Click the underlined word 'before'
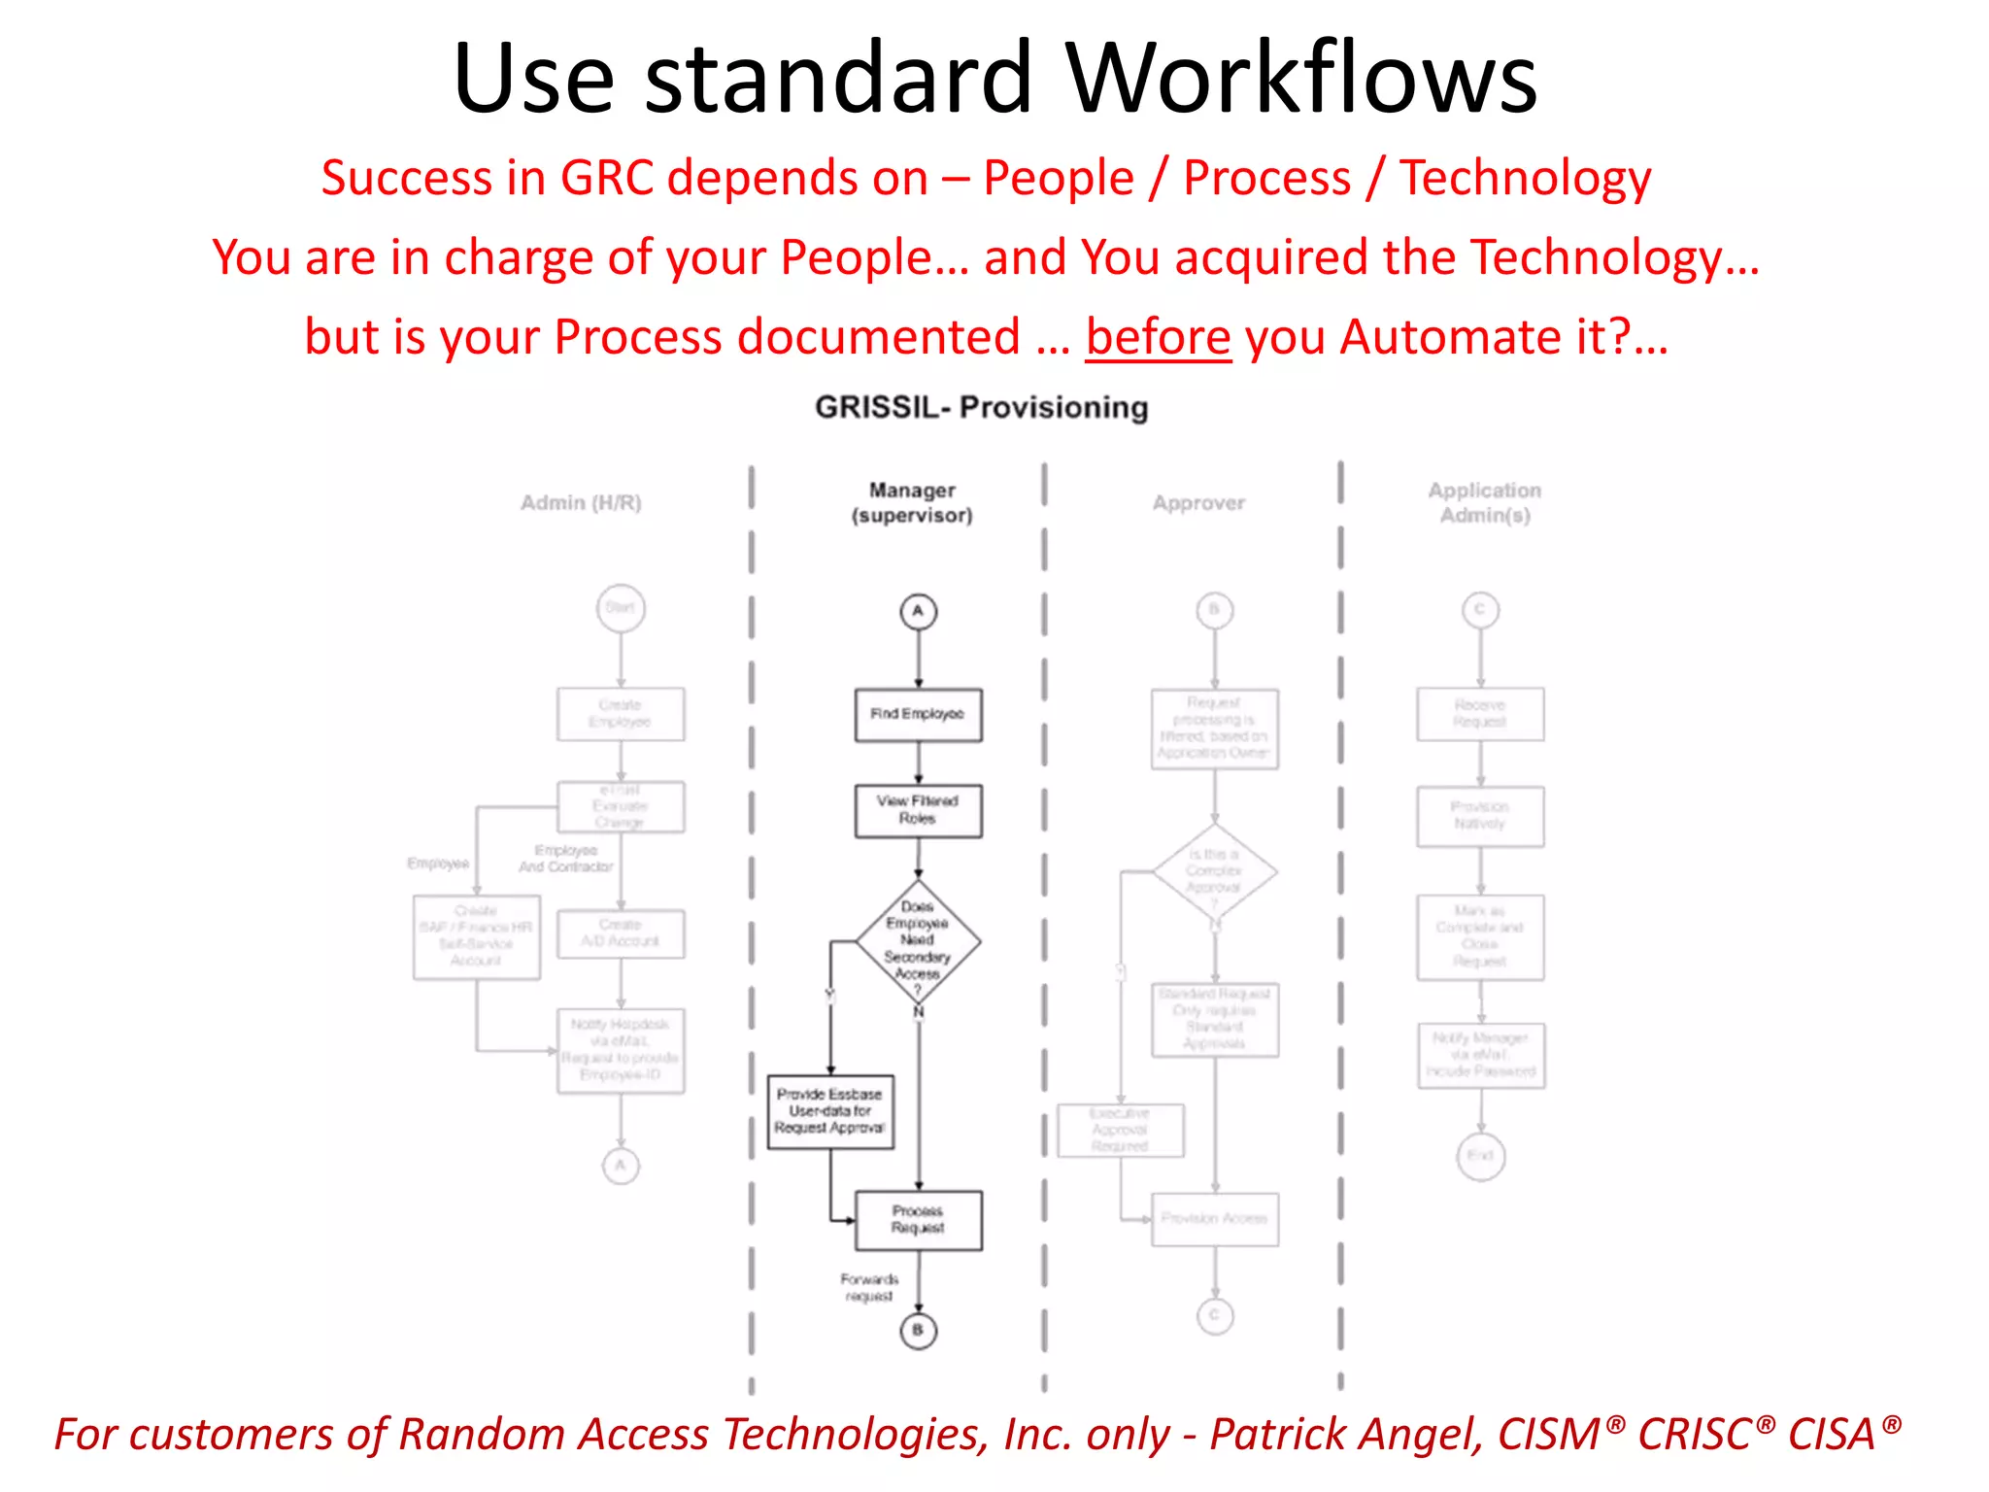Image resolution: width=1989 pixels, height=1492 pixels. click(x=1158, y=338)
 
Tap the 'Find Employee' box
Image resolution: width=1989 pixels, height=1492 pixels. click(x=918, y=715)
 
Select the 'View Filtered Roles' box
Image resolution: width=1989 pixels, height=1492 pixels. click(x=918, y=810)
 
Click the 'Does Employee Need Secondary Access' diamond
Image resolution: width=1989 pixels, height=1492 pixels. click(x=918, y=940)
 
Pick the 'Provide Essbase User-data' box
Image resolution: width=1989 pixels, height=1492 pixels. click(x=830, y=1111)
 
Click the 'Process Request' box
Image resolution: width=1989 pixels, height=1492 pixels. click(x=918, y=1220)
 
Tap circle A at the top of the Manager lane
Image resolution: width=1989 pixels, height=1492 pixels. click(x=918, y=612)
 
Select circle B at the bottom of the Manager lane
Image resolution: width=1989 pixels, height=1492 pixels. click(x=918, y=1330)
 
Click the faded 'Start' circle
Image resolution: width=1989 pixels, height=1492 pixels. click(x=621, y=608)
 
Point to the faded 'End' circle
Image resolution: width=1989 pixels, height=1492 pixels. click(x=1480, y=1156)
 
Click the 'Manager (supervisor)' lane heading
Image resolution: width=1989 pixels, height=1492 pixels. click(x=912, y=502)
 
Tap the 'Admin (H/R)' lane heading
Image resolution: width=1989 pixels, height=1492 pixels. click(x=581, y=502)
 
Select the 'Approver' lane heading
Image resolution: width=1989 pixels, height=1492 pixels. click(x=1198, y=502)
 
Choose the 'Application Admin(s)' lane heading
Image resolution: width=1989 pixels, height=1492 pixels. click(x=1484, y=502)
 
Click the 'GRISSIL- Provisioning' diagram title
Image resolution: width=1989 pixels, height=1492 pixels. click(x=981, y=407)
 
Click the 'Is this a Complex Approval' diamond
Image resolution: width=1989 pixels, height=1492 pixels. click(x=1214, y=871)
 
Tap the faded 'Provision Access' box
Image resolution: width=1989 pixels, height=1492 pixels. click(x=1214, y=1218)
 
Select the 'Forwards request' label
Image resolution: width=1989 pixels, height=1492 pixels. click(x=869, y=1287)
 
